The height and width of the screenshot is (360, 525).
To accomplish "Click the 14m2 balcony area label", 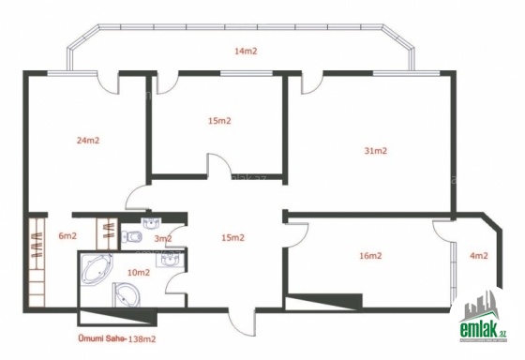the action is point(246,52).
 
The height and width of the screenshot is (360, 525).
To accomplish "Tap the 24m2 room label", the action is point(88,141).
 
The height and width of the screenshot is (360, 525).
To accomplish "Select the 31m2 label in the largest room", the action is point(375,151).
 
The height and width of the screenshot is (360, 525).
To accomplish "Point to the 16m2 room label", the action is point(370,256).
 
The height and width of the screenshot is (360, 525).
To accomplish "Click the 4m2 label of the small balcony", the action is point(479,256).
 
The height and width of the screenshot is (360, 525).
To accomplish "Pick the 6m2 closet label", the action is point(67,235).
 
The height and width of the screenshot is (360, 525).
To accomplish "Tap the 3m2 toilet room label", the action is point(163,239).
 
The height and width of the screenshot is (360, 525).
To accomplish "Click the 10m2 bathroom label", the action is point(139,273).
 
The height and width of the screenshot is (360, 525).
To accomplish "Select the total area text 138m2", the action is point(142,338).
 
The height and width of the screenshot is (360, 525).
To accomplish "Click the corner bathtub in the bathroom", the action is point(97,269).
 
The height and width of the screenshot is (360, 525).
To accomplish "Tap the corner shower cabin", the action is point(126,294).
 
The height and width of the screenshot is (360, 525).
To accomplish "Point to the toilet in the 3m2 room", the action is point(132,237).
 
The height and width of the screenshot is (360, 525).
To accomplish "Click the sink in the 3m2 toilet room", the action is point(152,223).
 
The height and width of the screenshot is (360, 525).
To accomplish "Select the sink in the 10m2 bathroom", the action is point(171,259).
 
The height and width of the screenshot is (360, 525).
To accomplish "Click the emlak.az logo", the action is point(483,317).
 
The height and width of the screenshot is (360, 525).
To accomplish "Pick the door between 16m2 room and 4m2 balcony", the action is point(443,231).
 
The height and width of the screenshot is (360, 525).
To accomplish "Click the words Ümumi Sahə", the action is point(102,337).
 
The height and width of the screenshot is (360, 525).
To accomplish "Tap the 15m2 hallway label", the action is point(233,238).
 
